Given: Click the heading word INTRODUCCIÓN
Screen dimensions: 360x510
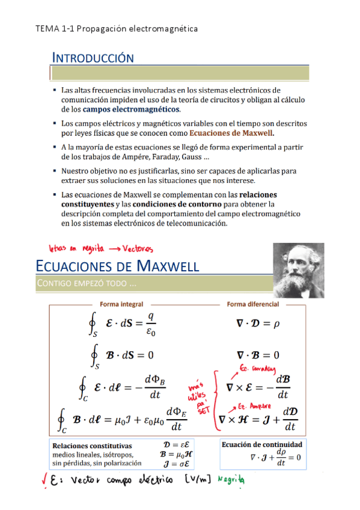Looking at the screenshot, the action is (93, 58).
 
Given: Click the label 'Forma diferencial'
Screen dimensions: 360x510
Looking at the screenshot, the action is (252, 305).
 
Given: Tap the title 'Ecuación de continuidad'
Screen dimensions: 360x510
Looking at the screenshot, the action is (262, 444).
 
